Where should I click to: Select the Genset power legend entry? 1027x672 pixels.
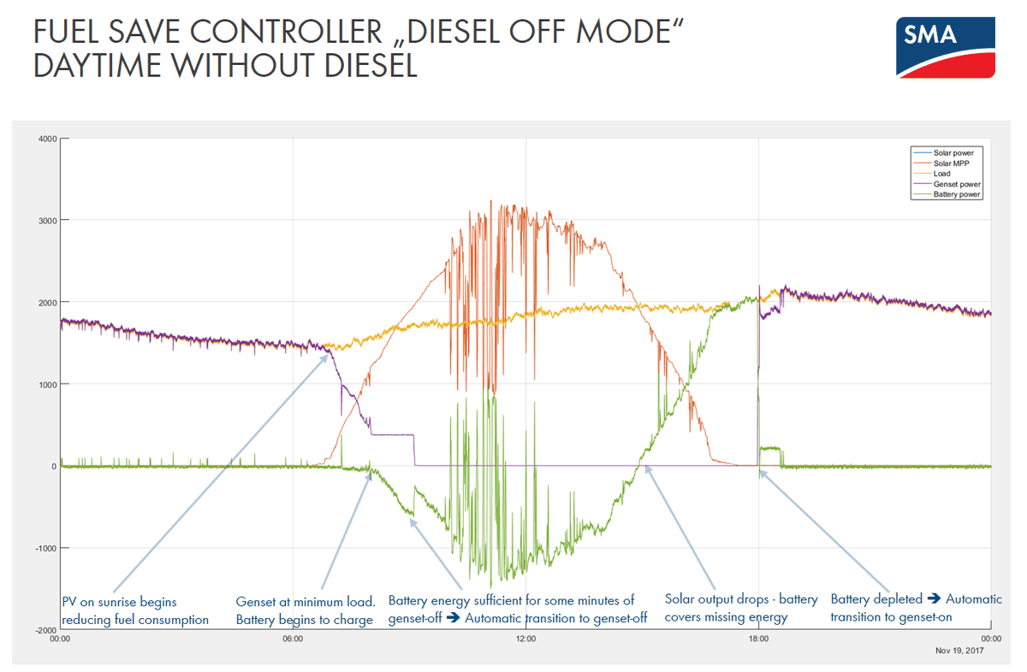click(957, 184)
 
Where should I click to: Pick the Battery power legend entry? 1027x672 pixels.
click(957, 194)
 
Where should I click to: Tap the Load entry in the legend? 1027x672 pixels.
click(941, 174)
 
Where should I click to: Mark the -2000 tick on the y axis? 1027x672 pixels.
click(45, 630)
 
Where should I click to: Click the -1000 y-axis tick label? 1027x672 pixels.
click(45, 548)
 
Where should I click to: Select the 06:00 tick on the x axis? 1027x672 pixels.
click(293, 639)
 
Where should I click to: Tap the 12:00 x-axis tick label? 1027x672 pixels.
click(525, 639)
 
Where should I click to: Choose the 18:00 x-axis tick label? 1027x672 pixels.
click(758, 639)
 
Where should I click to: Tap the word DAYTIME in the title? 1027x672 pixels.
click(102, 67)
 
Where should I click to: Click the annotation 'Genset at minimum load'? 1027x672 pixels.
click(306, 610)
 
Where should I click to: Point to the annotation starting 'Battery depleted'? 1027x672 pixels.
click(916, 608)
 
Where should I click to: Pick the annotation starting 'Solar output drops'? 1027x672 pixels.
click(741, 608)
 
